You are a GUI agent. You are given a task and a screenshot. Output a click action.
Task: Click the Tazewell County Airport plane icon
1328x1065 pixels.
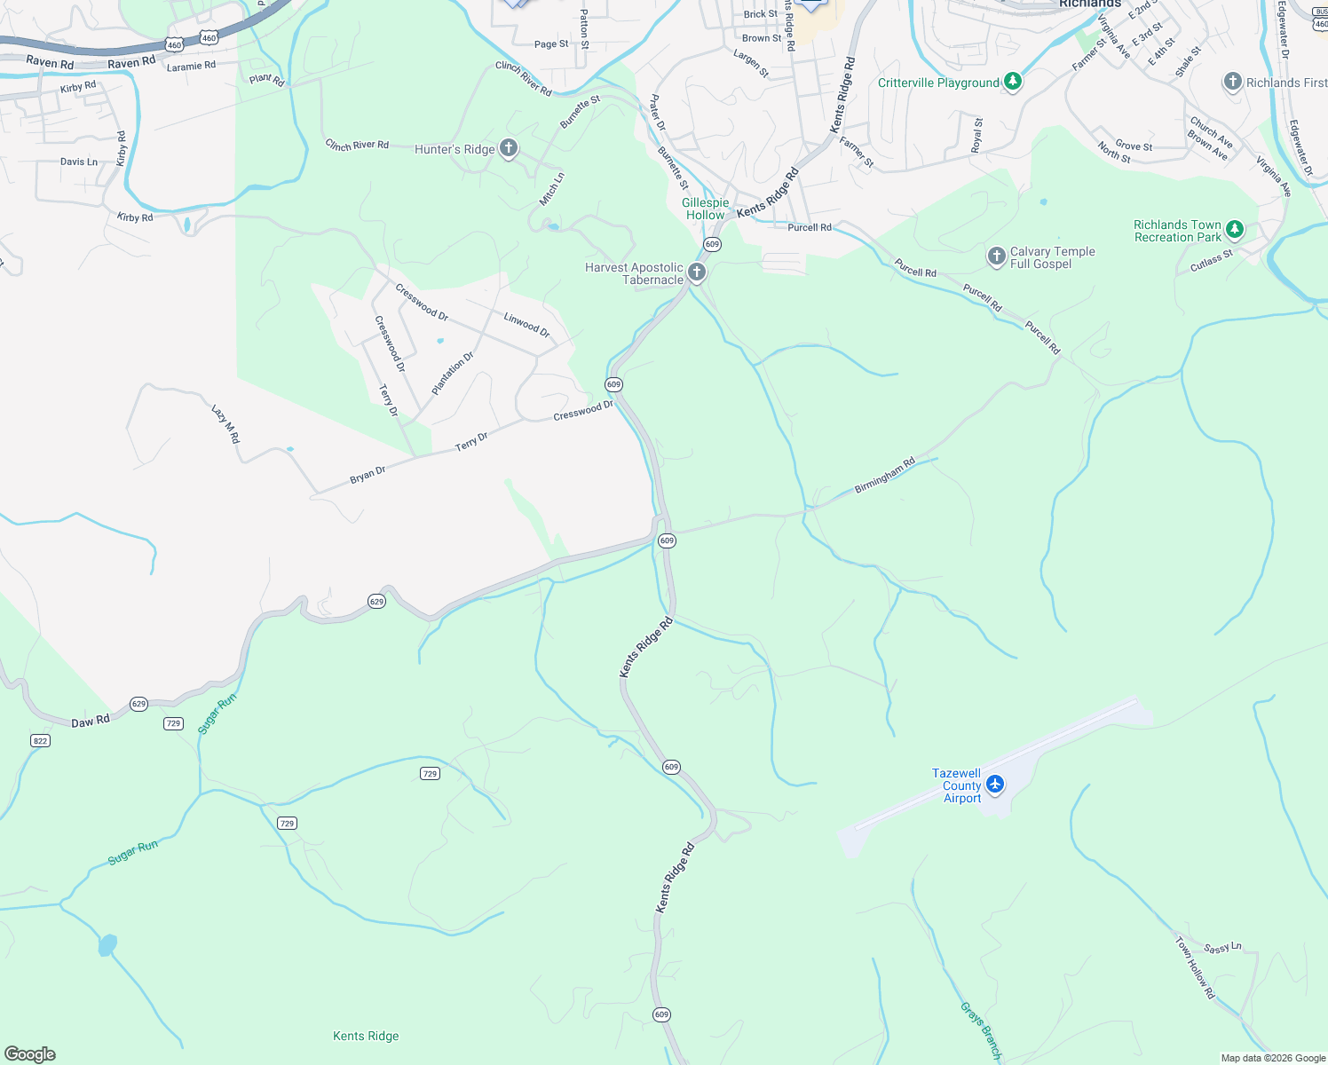pos(994,785)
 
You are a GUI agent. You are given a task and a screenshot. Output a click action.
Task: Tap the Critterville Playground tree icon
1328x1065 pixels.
pos(1013,83)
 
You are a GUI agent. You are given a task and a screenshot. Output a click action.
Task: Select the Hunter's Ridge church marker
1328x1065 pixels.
pos(509,148)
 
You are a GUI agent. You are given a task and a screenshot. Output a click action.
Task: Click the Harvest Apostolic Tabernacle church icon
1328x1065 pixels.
pos(697,272)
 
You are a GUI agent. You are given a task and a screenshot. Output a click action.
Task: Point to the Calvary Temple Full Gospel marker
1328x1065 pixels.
pos(996,257)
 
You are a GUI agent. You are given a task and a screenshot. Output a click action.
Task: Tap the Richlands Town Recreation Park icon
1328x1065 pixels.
pos(1234,231)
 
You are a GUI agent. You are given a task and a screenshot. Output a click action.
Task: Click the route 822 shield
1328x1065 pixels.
pos(40,740)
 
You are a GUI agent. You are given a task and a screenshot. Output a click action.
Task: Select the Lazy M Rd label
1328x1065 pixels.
pos(225,424)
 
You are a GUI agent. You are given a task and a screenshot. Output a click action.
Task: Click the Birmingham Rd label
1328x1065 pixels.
pos(884,477)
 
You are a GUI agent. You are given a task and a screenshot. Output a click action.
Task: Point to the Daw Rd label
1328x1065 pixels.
pos(90,721)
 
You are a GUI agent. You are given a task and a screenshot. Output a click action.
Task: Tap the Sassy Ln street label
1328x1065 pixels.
pos(1222,948)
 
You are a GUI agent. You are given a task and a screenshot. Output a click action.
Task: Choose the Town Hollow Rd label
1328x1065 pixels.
pos(1195,967)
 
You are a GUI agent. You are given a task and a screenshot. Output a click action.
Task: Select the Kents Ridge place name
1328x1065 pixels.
pos(366,1036)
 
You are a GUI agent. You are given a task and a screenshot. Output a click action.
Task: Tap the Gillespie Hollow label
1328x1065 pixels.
pos(706,209)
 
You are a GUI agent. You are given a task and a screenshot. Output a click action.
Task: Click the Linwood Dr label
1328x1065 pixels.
pos(526,325)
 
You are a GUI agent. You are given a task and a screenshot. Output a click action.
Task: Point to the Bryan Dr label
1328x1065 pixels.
pos(368,475)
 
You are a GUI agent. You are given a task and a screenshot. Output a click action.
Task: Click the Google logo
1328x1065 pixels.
pos(30,1053)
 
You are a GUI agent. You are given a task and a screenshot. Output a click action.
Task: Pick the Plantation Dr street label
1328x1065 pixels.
pos(453,374)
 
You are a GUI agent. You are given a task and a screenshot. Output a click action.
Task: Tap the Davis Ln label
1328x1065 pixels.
pos(79,162)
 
